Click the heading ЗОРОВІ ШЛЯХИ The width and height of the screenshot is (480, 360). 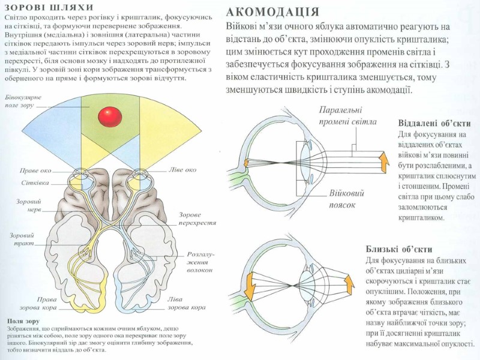click(49, 8)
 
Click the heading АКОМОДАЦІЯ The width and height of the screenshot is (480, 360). click(272, 11)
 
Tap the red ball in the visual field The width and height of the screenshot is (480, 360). click(110, 116)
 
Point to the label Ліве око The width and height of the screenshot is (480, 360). click(182, 170)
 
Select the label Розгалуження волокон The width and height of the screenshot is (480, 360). click(200, 262)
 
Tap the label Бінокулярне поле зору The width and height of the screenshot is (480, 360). click(22, 100)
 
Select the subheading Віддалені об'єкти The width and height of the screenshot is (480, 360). click(434, 124)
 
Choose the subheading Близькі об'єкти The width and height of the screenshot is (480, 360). click(399, 249)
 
